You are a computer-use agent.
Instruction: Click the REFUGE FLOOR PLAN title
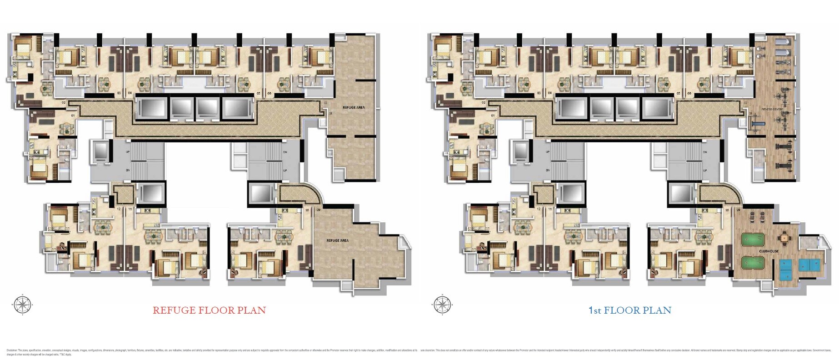coord(209,310)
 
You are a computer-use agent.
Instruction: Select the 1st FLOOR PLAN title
coord(629,310)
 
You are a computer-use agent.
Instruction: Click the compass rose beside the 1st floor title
coord(442,304)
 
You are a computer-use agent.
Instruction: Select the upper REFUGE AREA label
coord(354,108)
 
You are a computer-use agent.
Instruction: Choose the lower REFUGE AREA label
coord(337,240)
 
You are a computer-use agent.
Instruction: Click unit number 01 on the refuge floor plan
coord(73,116)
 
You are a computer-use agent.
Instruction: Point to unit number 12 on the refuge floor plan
coord(119,209)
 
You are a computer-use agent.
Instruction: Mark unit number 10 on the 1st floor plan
coord(727,210)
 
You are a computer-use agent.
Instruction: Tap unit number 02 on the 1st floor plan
coord(484,103)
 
